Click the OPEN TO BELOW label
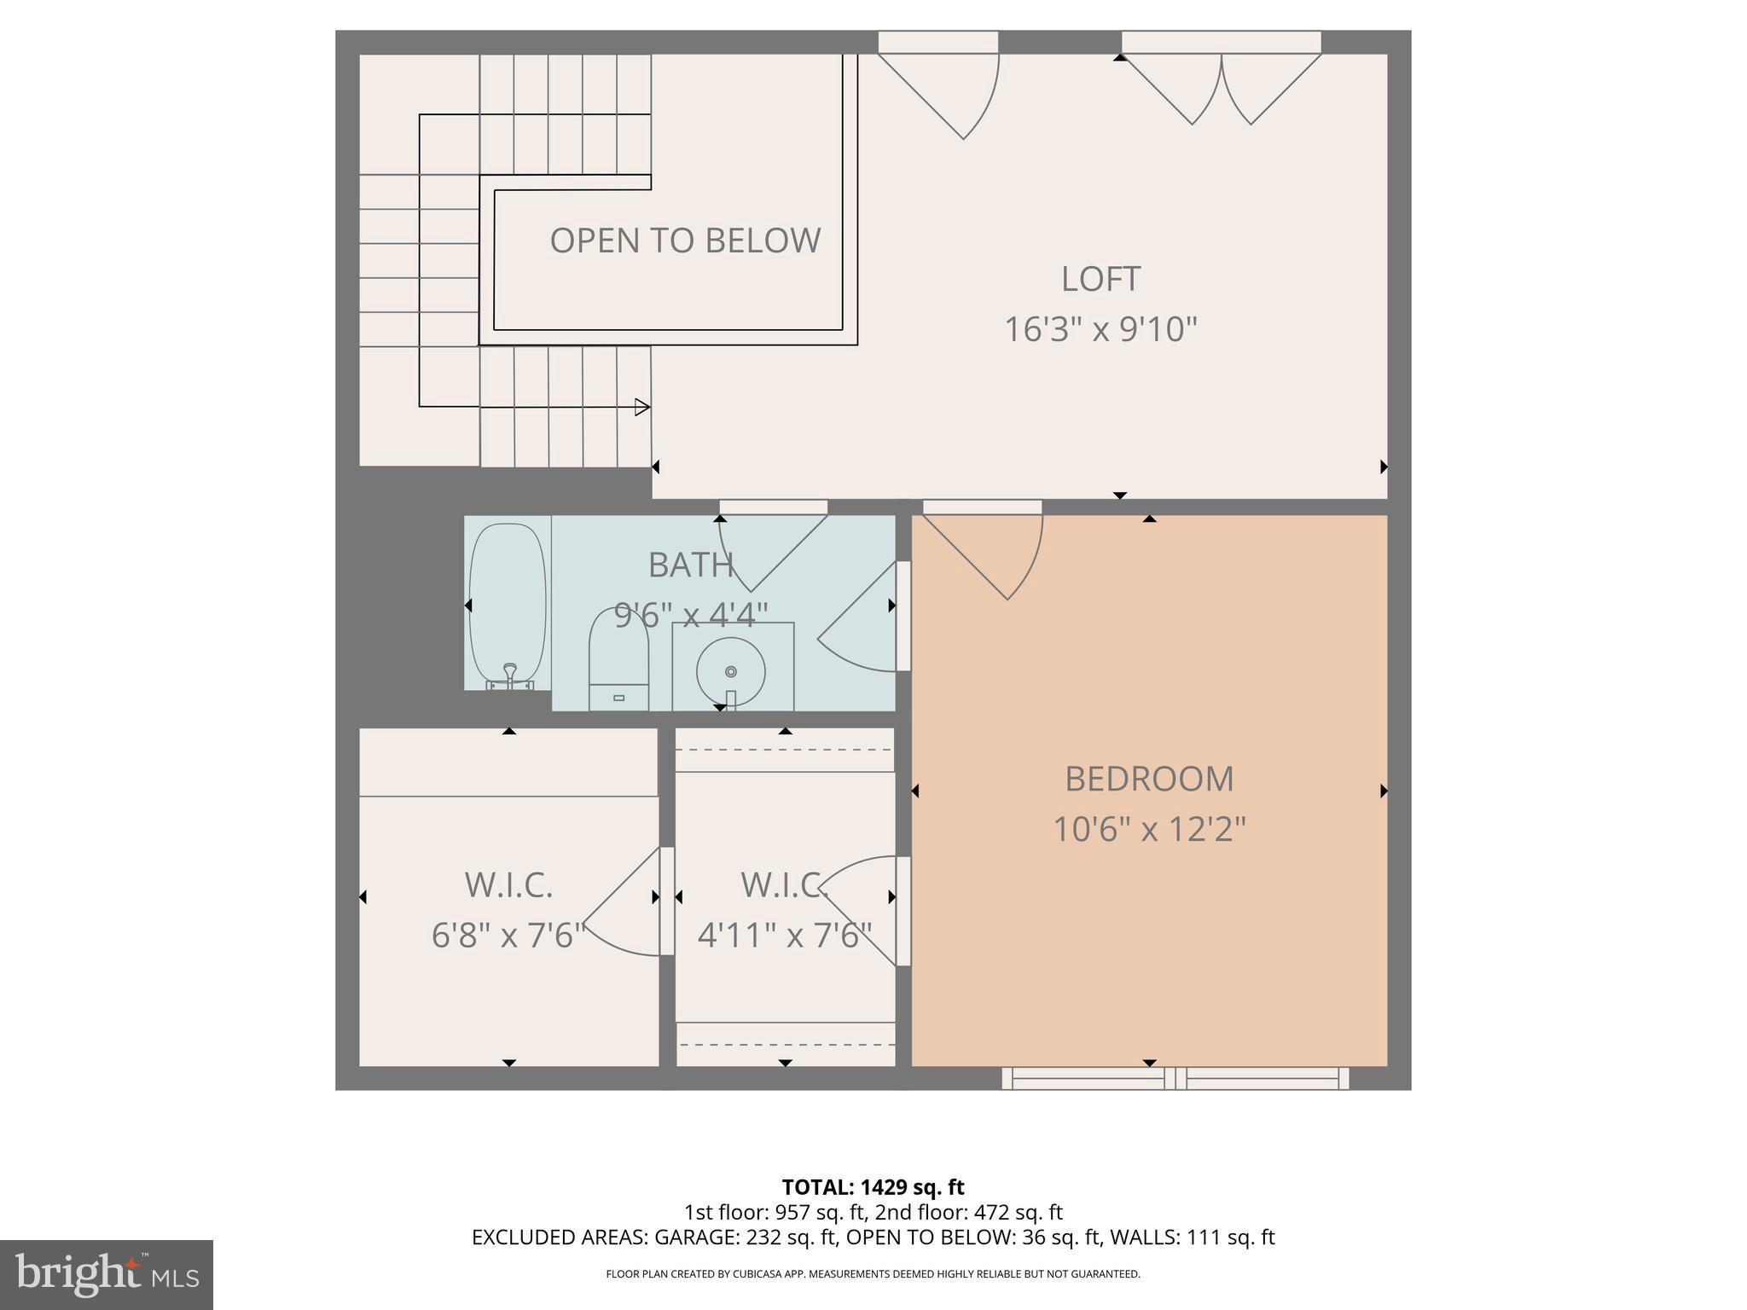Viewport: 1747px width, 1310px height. point(685,241)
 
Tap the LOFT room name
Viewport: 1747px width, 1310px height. point(1100,279)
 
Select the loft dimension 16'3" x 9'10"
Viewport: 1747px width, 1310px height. point(1100,329)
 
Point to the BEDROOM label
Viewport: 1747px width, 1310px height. point(1149,779)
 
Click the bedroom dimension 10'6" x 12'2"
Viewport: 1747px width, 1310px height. point(1149,829)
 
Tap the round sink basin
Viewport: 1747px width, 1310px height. point(730,671)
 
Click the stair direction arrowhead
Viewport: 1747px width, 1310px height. point(642,407)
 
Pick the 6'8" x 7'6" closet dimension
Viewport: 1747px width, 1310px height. point(508,936)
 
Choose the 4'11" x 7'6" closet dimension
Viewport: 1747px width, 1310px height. point(784,936)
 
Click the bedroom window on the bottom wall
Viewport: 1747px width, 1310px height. point(1175,1078)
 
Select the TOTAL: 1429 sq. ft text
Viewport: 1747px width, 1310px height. point(873,1186)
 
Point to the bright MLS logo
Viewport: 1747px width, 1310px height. point(106,1274)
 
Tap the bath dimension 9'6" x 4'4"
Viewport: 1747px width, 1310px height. point(691,614)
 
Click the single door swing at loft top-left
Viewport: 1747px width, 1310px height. point(947,94)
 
